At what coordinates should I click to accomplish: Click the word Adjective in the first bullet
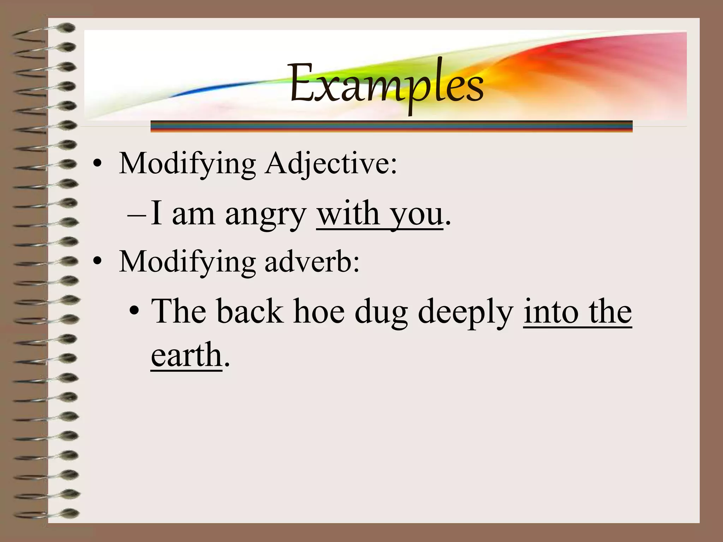pos(331,164)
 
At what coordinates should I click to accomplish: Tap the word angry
pos(265,215)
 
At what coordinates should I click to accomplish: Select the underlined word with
pos(348,214)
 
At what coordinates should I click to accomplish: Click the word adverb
pos(312,262)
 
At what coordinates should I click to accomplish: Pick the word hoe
pos(319,312)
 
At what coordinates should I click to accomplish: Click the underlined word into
pos(551,312)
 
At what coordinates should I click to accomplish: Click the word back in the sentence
pos(250,312)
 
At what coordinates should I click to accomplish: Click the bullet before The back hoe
pos(134,312)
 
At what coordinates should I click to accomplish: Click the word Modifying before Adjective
pos(187,164)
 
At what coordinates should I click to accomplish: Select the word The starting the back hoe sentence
pos(179,311)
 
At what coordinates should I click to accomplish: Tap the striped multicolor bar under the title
pos(391,126)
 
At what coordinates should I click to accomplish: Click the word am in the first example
pos(193,215)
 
